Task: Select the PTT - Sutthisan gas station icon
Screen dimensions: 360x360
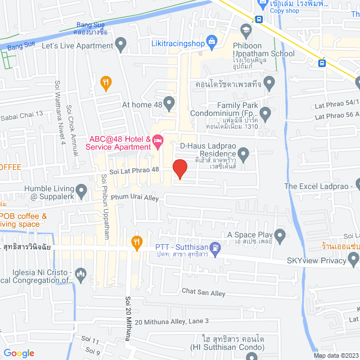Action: [214, 247]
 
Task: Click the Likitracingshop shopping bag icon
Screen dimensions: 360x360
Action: [212, 40]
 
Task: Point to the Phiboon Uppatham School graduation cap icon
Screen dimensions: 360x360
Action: [246, 29]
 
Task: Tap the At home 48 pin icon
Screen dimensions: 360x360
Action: [169, 103]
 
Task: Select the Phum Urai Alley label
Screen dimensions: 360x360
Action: [135, 197]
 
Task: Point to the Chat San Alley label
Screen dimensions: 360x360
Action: [203, 292]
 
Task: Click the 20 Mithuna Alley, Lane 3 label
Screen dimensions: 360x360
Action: [172, 321]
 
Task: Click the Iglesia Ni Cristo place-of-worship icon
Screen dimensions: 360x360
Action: [81, 275]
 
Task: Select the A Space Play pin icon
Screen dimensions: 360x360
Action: [280, 235]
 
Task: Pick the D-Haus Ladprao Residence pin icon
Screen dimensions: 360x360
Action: [244, 152]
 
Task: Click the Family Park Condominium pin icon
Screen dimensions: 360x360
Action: [266, 115]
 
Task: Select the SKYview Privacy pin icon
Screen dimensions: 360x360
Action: [353, 259]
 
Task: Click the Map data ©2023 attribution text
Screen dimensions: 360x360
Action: [334, 355]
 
